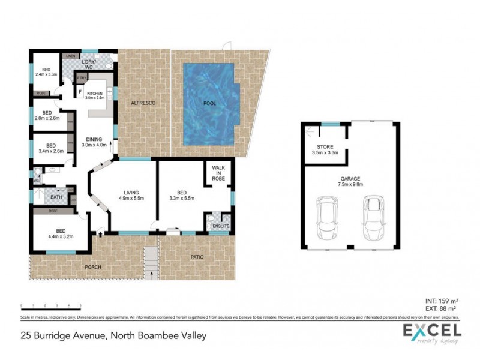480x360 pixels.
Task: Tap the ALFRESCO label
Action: (144, 104)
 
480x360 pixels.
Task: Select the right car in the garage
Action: (373, 217)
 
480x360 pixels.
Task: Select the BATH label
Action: (56, 197)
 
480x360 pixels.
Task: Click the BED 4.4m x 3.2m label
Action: (61, 233)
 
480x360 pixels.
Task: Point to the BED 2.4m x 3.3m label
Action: (46, 72)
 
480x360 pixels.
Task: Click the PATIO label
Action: (197, 257)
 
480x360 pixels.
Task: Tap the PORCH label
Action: (92, 268)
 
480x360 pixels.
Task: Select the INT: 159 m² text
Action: (443, 301)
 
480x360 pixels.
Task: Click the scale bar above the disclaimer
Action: (50, 307)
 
